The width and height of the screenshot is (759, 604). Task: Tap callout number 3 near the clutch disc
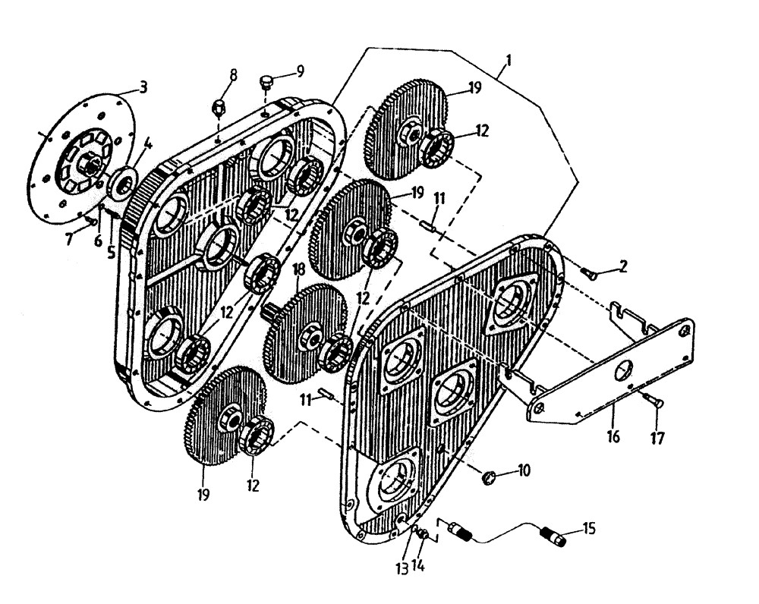(143, 87)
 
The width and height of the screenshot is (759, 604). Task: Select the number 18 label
(300, 269)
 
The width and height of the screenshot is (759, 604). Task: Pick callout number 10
(524, 472)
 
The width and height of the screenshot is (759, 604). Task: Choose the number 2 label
(622, 266)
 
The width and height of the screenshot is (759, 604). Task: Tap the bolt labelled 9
(266, 82)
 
